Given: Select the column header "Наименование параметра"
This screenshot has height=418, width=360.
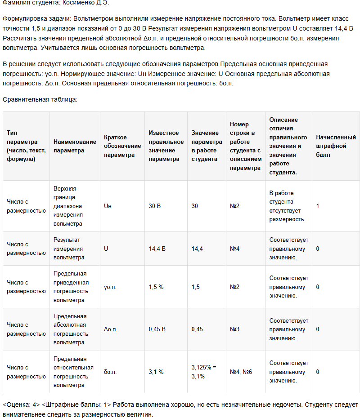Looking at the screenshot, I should pos(75,146).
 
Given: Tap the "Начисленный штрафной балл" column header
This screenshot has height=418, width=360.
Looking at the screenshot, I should pos(336,146).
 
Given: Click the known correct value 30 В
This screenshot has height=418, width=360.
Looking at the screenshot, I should pos(155,206).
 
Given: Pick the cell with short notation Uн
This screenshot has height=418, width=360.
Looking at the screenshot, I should pos(108,206).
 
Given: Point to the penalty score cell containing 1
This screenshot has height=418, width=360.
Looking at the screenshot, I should pos(318,206).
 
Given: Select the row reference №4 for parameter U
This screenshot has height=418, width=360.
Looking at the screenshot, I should pos(234,249).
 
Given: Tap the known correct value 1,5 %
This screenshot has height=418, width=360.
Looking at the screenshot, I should pos(156,287).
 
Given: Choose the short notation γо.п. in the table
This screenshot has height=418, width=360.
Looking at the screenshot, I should pos(110,287).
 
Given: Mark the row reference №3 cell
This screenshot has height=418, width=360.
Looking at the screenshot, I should pos(234,329).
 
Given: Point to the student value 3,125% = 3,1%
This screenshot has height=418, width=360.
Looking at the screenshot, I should pos(204,372).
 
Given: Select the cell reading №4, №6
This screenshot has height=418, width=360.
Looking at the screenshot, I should pos(241,372).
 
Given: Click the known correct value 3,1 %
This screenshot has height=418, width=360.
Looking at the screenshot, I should pos(156,372).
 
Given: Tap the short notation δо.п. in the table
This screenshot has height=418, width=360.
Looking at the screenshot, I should pos(110,372).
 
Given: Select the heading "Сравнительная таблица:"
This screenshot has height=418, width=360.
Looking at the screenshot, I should pos(40,99).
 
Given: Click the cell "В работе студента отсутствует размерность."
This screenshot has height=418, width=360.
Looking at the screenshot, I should pos(288,206).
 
